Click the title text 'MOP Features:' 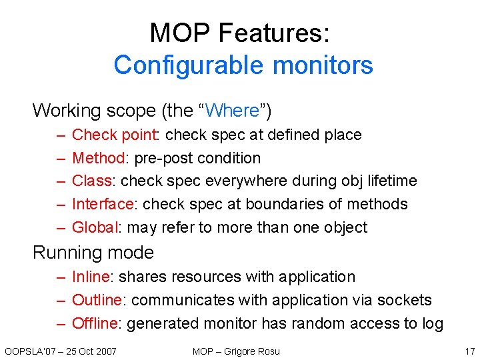click(x=240, y=33)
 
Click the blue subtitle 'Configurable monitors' click(x=243, y=65)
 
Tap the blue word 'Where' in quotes click(x=233, y=110)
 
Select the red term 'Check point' click(x=113, y=135)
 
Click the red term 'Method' click(x=99, y=158)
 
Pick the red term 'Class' click(x=92, y=181)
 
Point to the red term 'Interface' click(x=103, y=204)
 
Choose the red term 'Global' click(x=95, y=227)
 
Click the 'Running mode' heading click(x=93, y=253)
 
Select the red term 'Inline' click(x=92, y=277)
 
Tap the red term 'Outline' click(x=97, y=300)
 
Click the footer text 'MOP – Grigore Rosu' click(x=236, y=351)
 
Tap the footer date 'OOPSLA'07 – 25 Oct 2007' click(x=60, y=351)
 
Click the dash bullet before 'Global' click(x=60, y=227)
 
